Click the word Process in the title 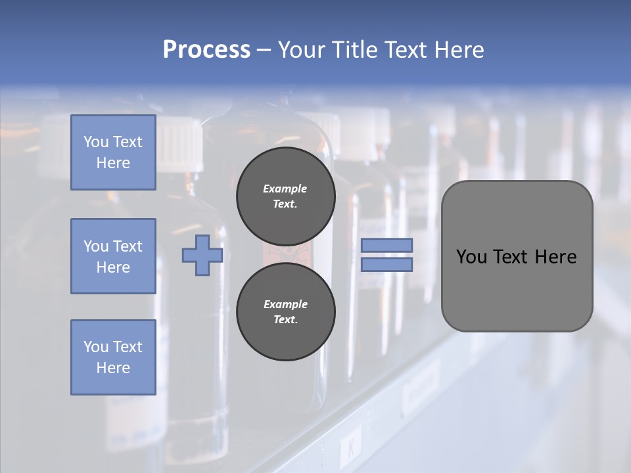pyautogui.click(x=206, y=50)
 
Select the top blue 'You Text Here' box pyautogui.click(x=113, y=152)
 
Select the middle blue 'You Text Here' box pyautogui.click(x=113, y=256)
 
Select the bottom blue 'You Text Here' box pyautogui.click(x=113, y=357)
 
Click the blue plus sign pyautogui.click(x=202, y=255)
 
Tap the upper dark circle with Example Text pyautogui.click(x=285, y=196)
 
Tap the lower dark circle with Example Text pyautogui.click(x=285, y=312)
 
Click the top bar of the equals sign pyautogui.click(x=386, y=246)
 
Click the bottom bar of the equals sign pyautogui.click(x=386, y=264)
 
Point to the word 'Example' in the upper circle pyautogui.click(x=285, y=189)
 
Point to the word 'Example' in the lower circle pyautogui.click(x=285, y=304)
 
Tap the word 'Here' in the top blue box pyautogui.click(x=113, y=163)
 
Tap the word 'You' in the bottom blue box pyautogui.click(x=95, y=347)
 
